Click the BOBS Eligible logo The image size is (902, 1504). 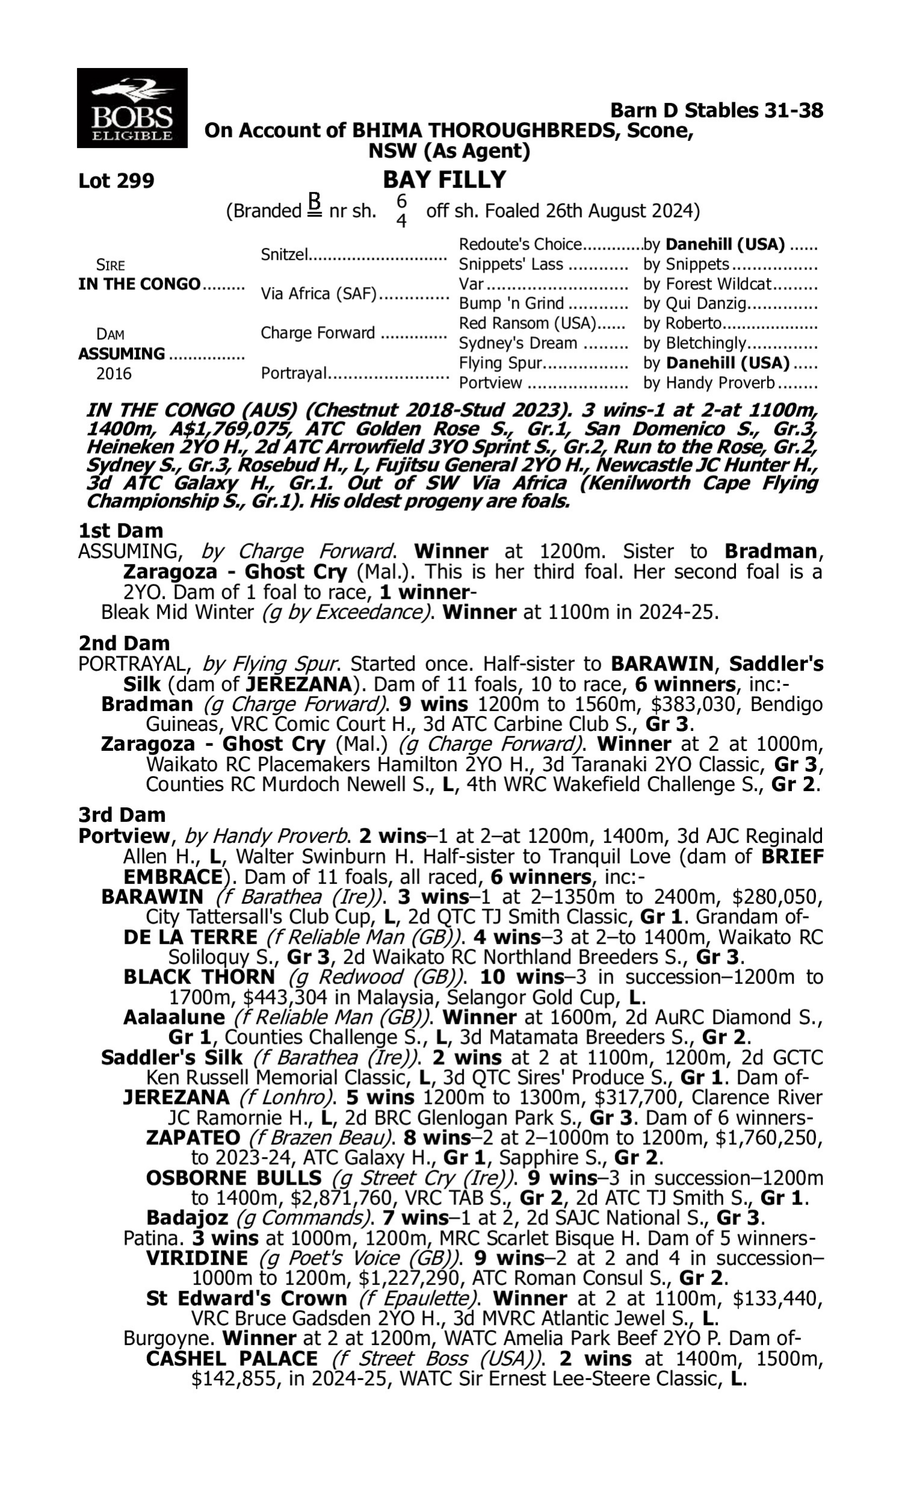coord(132,108)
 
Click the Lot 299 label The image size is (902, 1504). coord(116,180)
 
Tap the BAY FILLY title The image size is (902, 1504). coord(444,180)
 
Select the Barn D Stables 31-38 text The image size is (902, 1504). coord(717,111)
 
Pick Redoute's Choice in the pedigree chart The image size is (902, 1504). coord(520,244)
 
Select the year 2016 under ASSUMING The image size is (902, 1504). coord(114,373)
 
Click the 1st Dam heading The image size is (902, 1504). coord(120,531)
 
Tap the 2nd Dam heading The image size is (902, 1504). coord(124,643)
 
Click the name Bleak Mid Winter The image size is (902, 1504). coord(177,612)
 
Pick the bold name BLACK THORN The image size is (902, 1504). coord(199,977)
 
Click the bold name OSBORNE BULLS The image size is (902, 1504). coord(233,1177)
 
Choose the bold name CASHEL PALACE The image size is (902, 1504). coord(232,1358)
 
